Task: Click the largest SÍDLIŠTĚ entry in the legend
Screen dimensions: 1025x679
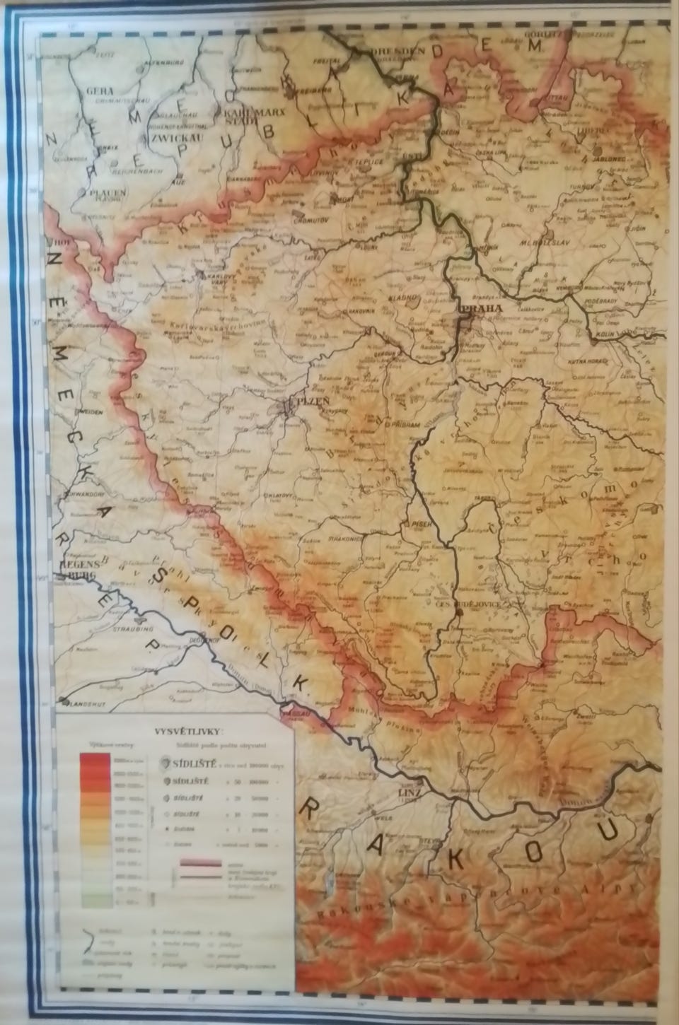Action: (x=186, y=764)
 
